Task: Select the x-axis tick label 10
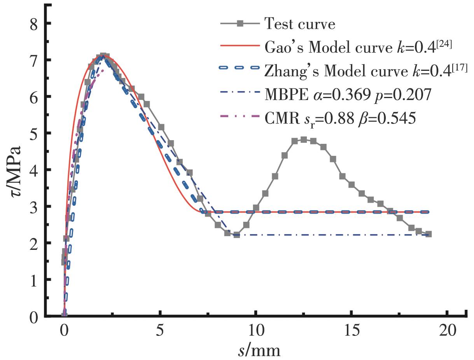tap(255, 332)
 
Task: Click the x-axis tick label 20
tap(447, 332)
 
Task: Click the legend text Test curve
tap(299, 24)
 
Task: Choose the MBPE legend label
tap(348, 94)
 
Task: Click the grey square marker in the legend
tap(240, 24)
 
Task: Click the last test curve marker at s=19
tap(428, 234)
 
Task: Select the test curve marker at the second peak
tap(304, 140)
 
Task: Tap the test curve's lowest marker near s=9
tap(236, 235)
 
